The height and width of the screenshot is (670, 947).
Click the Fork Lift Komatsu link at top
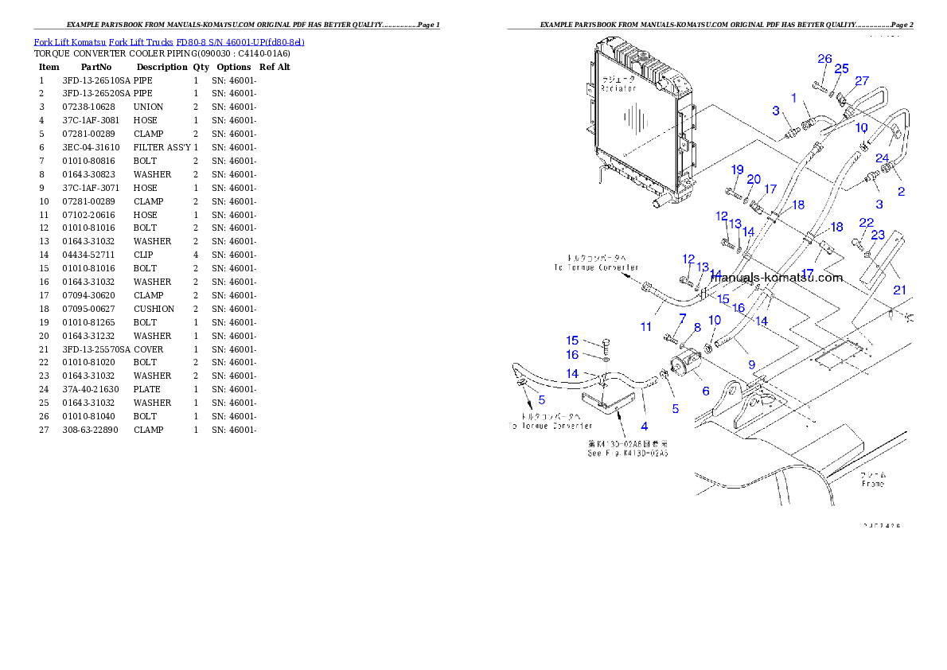169,41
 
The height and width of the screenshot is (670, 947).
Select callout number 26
824,59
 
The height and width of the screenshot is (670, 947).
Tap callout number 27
862,80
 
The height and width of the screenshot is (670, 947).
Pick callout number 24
883,158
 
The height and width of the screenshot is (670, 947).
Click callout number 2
901,192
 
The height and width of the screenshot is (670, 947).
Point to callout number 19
737,169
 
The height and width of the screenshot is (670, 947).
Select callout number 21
899,290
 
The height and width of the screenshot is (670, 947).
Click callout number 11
646,326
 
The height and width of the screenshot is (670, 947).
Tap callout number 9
751,364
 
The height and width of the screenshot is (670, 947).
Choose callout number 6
705,391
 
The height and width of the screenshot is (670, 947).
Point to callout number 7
681,318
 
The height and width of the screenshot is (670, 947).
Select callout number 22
867,222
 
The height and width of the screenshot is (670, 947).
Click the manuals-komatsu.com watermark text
776,278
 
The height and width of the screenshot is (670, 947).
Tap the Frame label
872,479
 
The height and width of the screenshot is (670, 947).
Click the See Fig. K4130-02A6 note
627,450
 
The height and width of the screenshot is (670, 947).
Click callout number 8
697,327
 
